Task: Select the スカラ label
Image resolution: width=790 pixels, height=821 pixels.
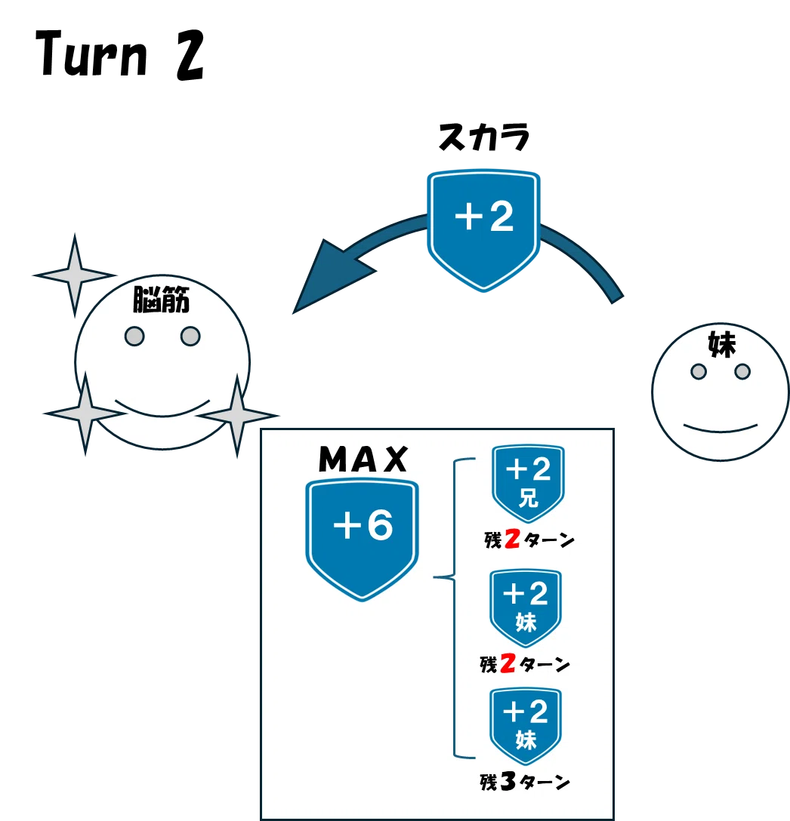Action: (484, 137)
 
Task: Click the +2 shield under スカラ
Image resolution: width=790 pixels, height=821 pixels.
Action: (483, 230)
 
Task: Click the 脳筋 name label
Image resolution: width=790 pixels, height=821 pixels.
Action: (161, 300)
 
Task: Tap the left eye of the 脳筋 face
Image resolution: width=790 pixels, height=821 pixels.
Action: (134, 336)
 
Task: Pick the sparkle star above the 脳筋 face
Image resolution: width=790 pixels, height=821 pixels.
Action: (75, 275)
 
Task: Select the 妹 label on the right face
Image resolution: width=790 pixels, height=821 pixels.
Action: (722, 344)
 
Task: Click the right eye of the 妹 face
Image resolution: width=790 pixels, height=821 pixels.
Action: (742, 372)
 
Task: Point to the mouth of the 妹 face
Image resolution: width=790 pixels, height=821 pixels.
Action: (721, 429)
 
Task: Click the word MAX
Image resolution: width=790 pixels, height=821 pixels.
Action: (363, 460)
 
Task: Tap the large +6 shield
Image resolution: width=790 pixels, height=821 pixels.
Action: (363, 540)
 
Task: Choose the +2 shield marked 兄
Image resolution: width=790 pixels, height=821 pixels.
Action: (528, 483)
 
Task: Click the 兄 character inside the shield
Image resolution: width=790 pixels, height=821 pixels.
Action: (529, 498)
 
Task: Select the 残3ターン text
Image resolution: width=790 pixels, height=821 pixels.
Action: (525, 782)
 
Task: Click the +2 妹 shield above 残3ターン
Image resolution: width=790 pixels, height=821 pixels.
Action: (526, 726)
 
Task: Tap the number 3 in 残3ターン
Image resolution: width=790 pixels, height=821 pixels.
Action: (508, 781)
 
